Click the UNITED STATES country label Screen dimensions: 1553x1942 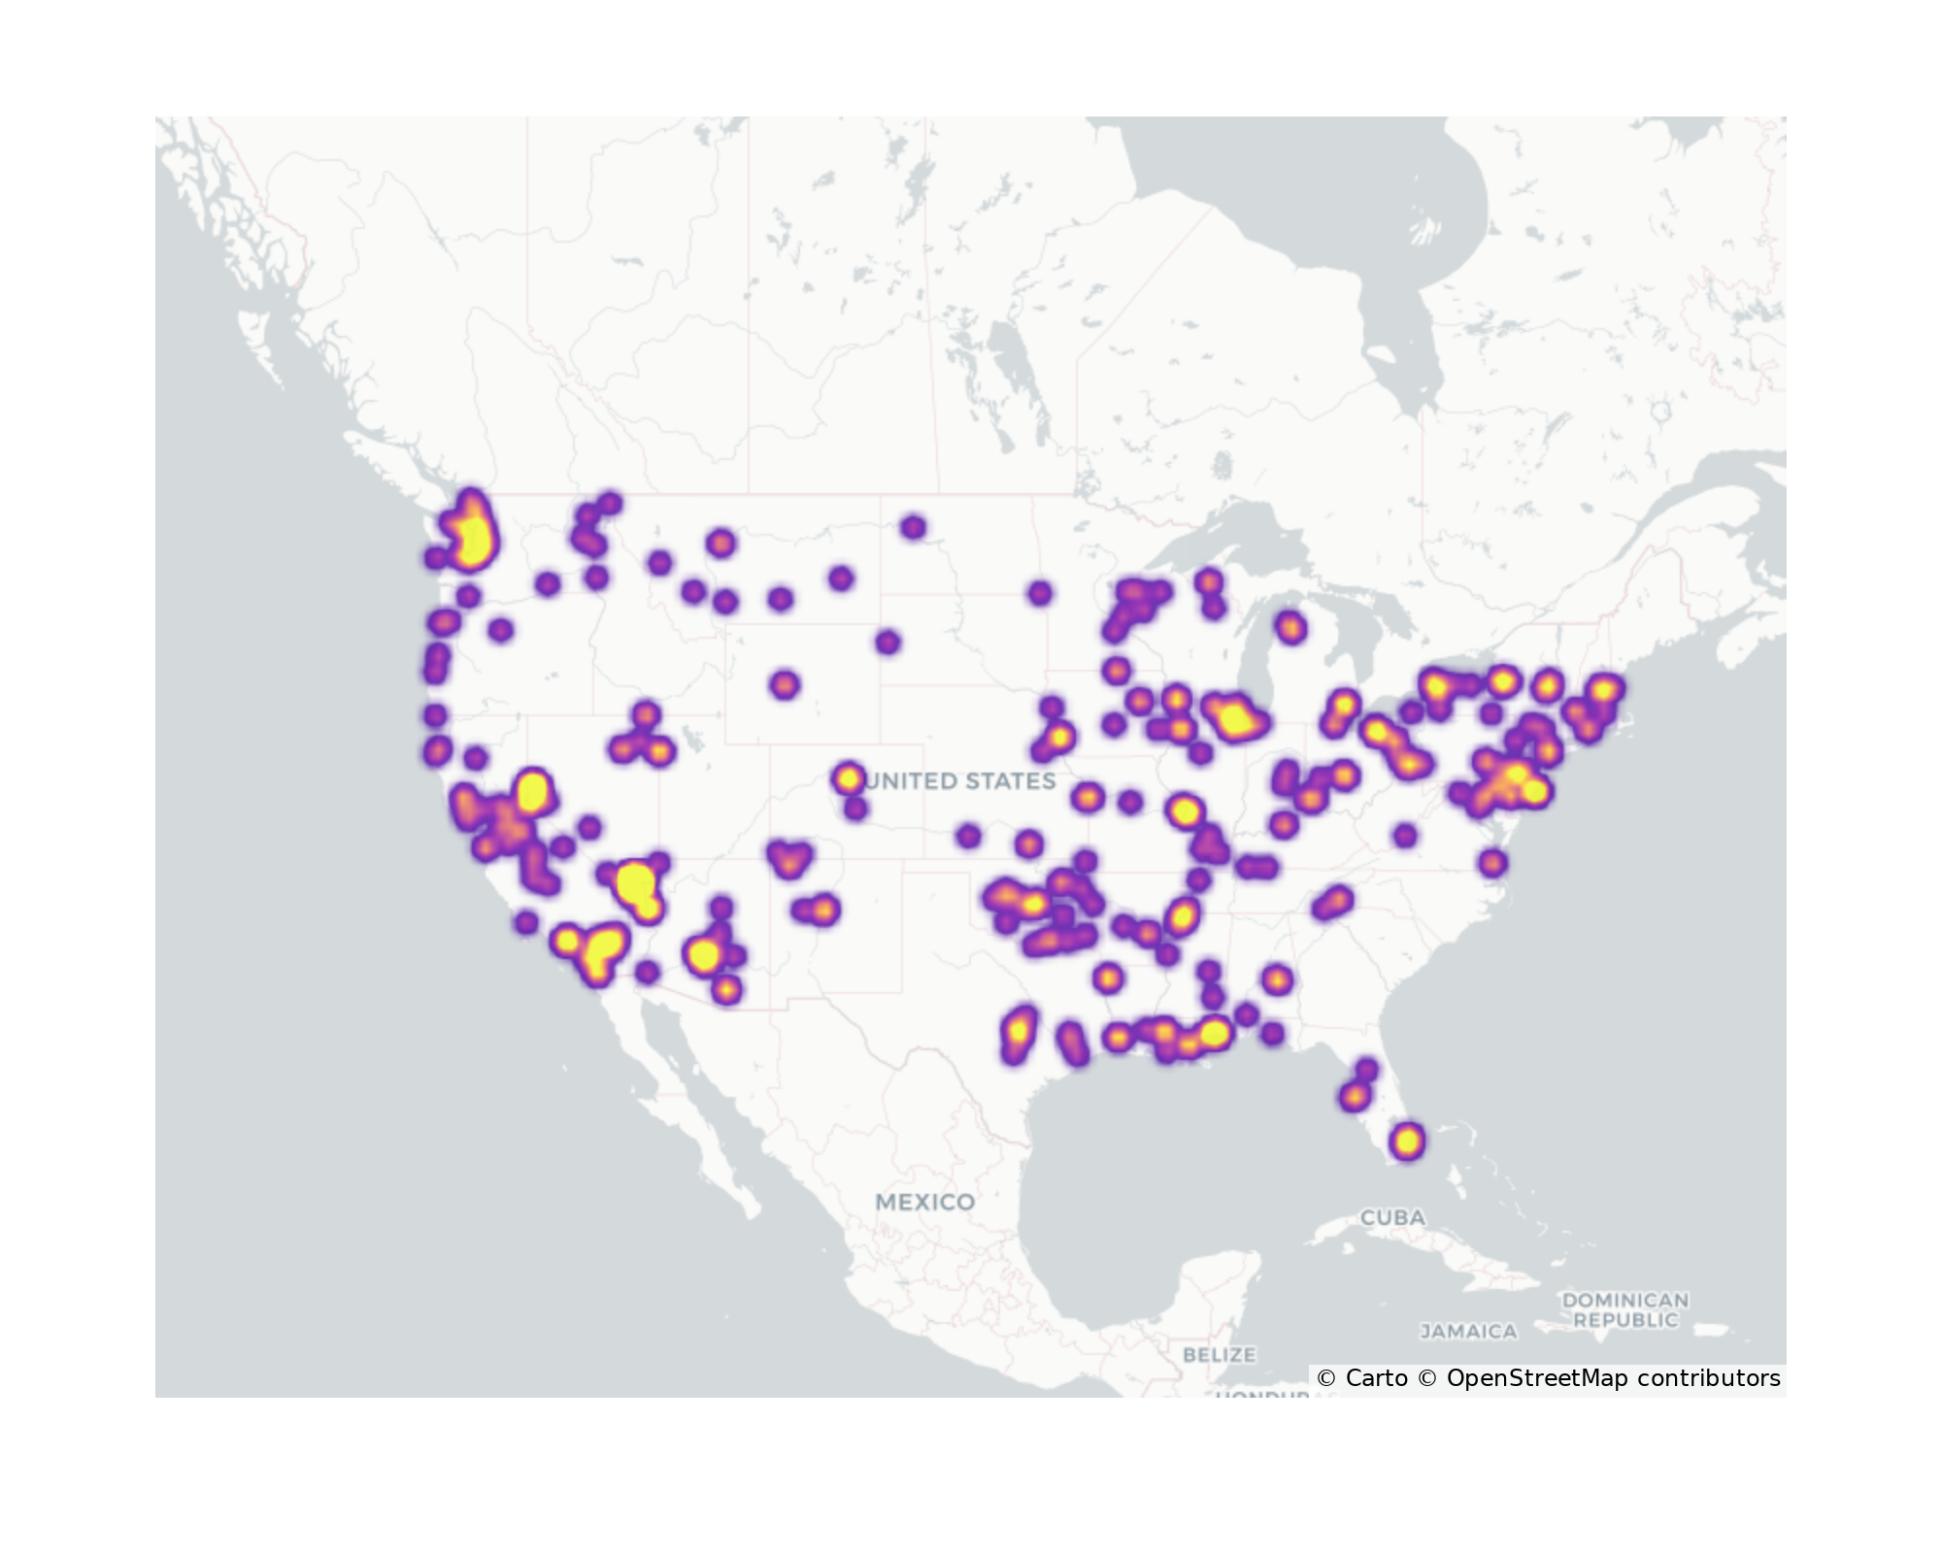(x=961, y=781)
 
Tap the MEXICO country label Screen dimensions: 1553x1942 (x=924, y=1202)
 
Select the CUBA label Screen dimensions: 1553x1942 (x=1392, y=1217)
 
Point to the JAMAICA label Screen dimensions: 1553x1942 (x=1468, y=1332)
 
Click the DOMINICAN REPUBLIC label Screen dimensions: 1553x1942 (x=1624, y=1309)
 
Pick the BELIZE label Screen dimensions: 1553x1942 (x=1220, y=1354)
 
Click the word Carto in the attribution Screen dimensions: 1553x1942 (x=1376, y=1378)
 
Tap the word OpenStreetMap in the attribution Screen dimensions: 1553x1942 (x=1537, y=1378)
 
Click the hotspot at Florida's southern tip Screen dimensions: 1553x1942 (x=1407, y=1141)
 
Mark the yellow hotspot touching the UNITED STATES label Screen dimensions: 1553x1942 (x=849, y=777)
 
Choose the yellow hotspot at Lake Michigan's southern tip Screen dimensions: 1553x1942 (x=1233, y=719)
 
